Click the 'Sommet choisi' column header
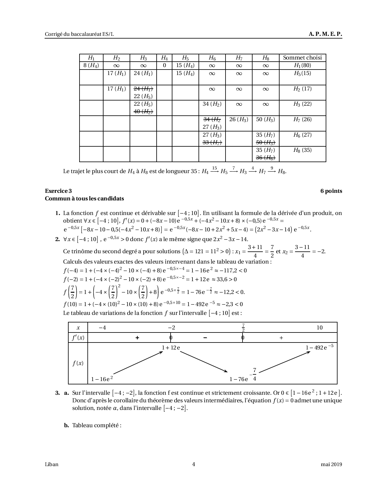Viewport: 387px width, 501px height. click(302, 58)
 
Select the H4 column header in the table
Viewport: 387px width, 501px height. click(164, 58)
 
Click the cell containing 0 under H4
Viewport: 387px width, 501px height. click(164, 65)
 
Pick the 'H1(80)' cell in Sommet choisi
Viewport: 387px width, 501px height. click(302, 65)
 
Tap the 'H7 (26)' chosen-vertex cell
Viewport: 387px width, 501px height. click(302, 119)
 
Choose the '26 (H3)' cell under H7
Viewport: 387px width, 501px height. click(239, 119)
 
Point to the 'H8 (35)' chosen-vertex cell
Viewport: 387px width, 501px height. click(302, 150)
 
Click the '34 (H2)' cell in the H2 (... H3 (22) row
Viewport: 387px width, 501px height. click(212, 104)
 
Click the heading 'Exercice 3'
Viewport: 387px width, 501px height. click(58, 191)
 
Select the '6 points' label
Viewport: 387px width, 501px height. click(331, 191)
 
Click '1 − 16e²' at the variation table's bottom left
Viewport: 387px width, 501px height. click(102, 379)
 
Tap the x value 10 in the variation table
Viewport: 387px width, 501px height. click(320, 328)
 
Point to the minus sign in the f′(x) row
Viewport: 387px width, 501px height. click(205, 338)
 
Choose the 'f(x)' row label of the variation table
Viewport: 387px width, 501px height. click(78, 363)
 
